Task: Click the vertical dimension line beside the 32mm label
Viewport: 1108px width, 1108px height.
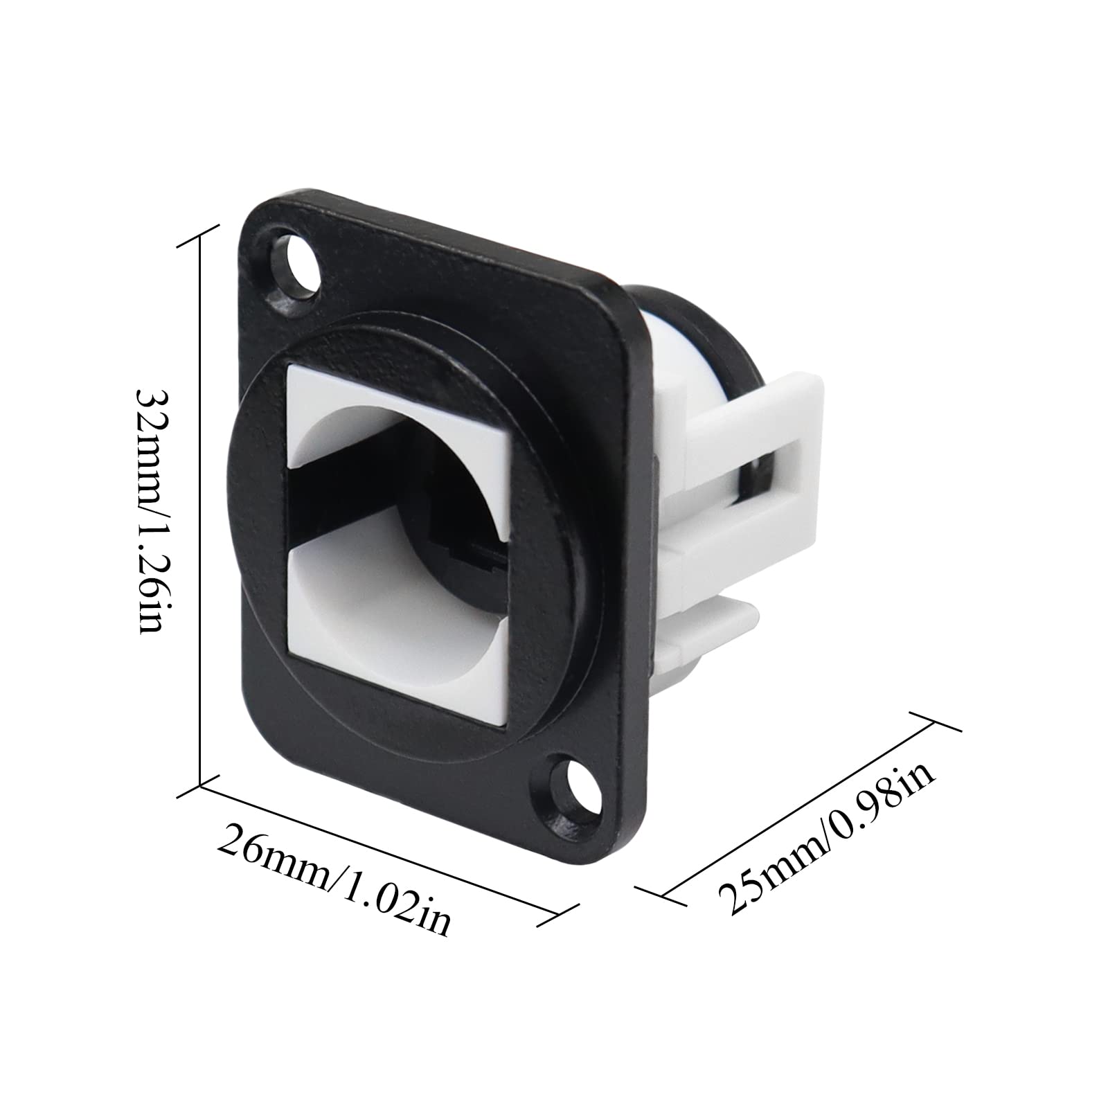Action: coord(200,509)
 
